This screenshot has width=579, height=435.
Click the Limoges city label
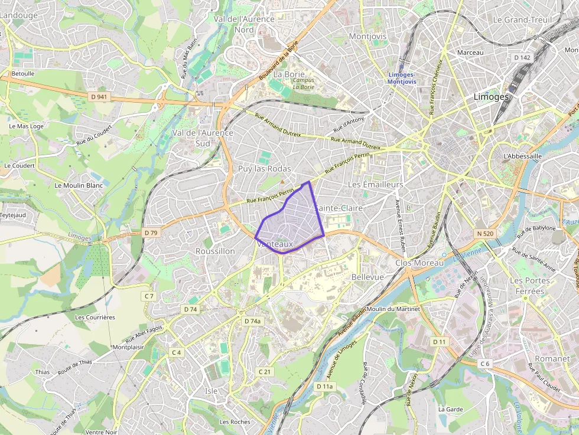[491, 97]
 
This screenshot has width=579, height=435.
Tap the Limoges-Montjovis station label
[401, 78]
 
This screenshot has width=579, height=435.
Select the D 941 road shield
[99, 96]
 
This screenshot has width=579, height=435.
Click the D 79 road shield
[151, 233]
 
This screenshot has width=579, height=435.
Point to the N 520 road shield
[484, 234]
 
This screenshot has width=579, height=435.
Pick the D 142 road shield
[522, 58]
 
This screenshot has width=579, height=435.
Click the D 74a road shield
[252, 321]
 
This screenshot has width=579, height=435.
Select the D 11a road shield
[324, 387]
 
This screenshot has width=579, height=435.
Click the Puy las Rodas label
[264, 169]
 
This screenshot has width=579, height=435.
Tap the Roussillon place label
[215, 251]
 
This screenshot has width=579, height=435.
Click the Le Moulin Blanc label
[79, 185]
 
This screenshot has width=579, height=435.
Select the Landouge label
[19, 16]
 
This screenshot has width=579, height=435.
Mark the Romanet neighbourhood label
[552, 358]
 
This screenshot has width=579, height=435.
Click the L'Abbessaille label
[522, 156]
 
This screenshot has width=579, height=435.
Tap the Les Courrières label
[95, 317]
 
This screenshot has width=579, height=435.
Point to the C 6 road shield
[485, 363]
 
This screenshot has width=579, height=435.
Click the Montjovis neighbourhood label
[367, 36]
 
